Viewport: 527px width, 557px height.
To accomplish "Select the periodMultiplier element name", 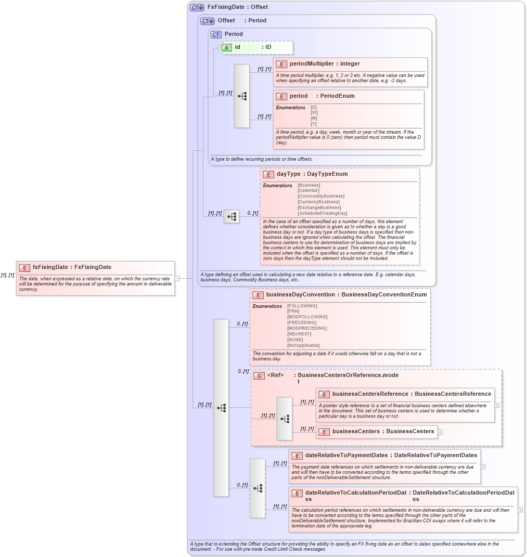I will pyautogui.click(x=312, y=64).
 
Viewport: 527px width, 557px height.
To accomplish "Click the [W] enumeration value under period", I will pyautogui.click(x=314, y=113).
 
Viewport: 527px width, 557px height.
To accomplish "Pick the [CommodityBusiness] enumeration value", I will pyautogui.click(x=320, y=196).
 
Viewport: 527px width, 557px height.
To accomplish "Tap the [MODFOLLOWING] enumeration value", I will pyautogui.click(x=307, y=317).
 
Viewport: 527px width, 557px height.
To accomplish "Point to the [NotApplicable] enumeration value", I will pyautogui.click(x=303, y=345).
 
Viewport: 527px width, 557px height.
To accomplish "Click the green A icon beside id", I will pyautogui.click(x=226, y=47).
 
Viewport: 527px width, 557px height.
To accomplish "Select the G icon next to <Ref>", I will pyautogui.click(x=259, y=375).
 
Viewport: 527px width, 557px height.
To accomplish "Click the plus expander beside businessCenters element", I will pyautogui.click(x=440, y=432).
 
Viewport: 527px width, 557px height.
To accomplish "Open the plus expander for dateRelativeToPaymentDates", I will pyautogui.click(x=483, y=467).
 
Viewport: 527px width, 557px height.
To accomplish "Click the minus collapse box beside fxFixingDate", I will pyautogui.click(x=177, y=278).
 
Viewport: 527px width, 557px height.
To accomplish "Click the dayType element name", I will pyautogui.click(x=288, y=174).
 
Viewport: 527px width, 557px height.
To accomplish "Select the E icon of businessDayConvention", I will pyautogui.click(x=258, y=295).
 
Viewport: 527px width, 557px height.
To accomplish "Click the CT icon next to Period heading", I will pyautogui.click(x=216, y=34).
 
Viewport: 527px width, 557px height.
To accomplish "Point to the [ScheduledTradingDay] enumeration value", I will pyautogui.click(x=322, y=213).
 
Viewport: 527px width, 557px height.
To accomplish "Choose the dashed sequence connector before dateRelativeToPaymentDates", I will pyautogui.click(x=258, y=488).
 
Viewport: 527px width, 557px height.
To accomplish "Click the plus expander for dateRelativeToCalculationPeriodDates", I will pyautogui.click(x=520, y=510).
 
